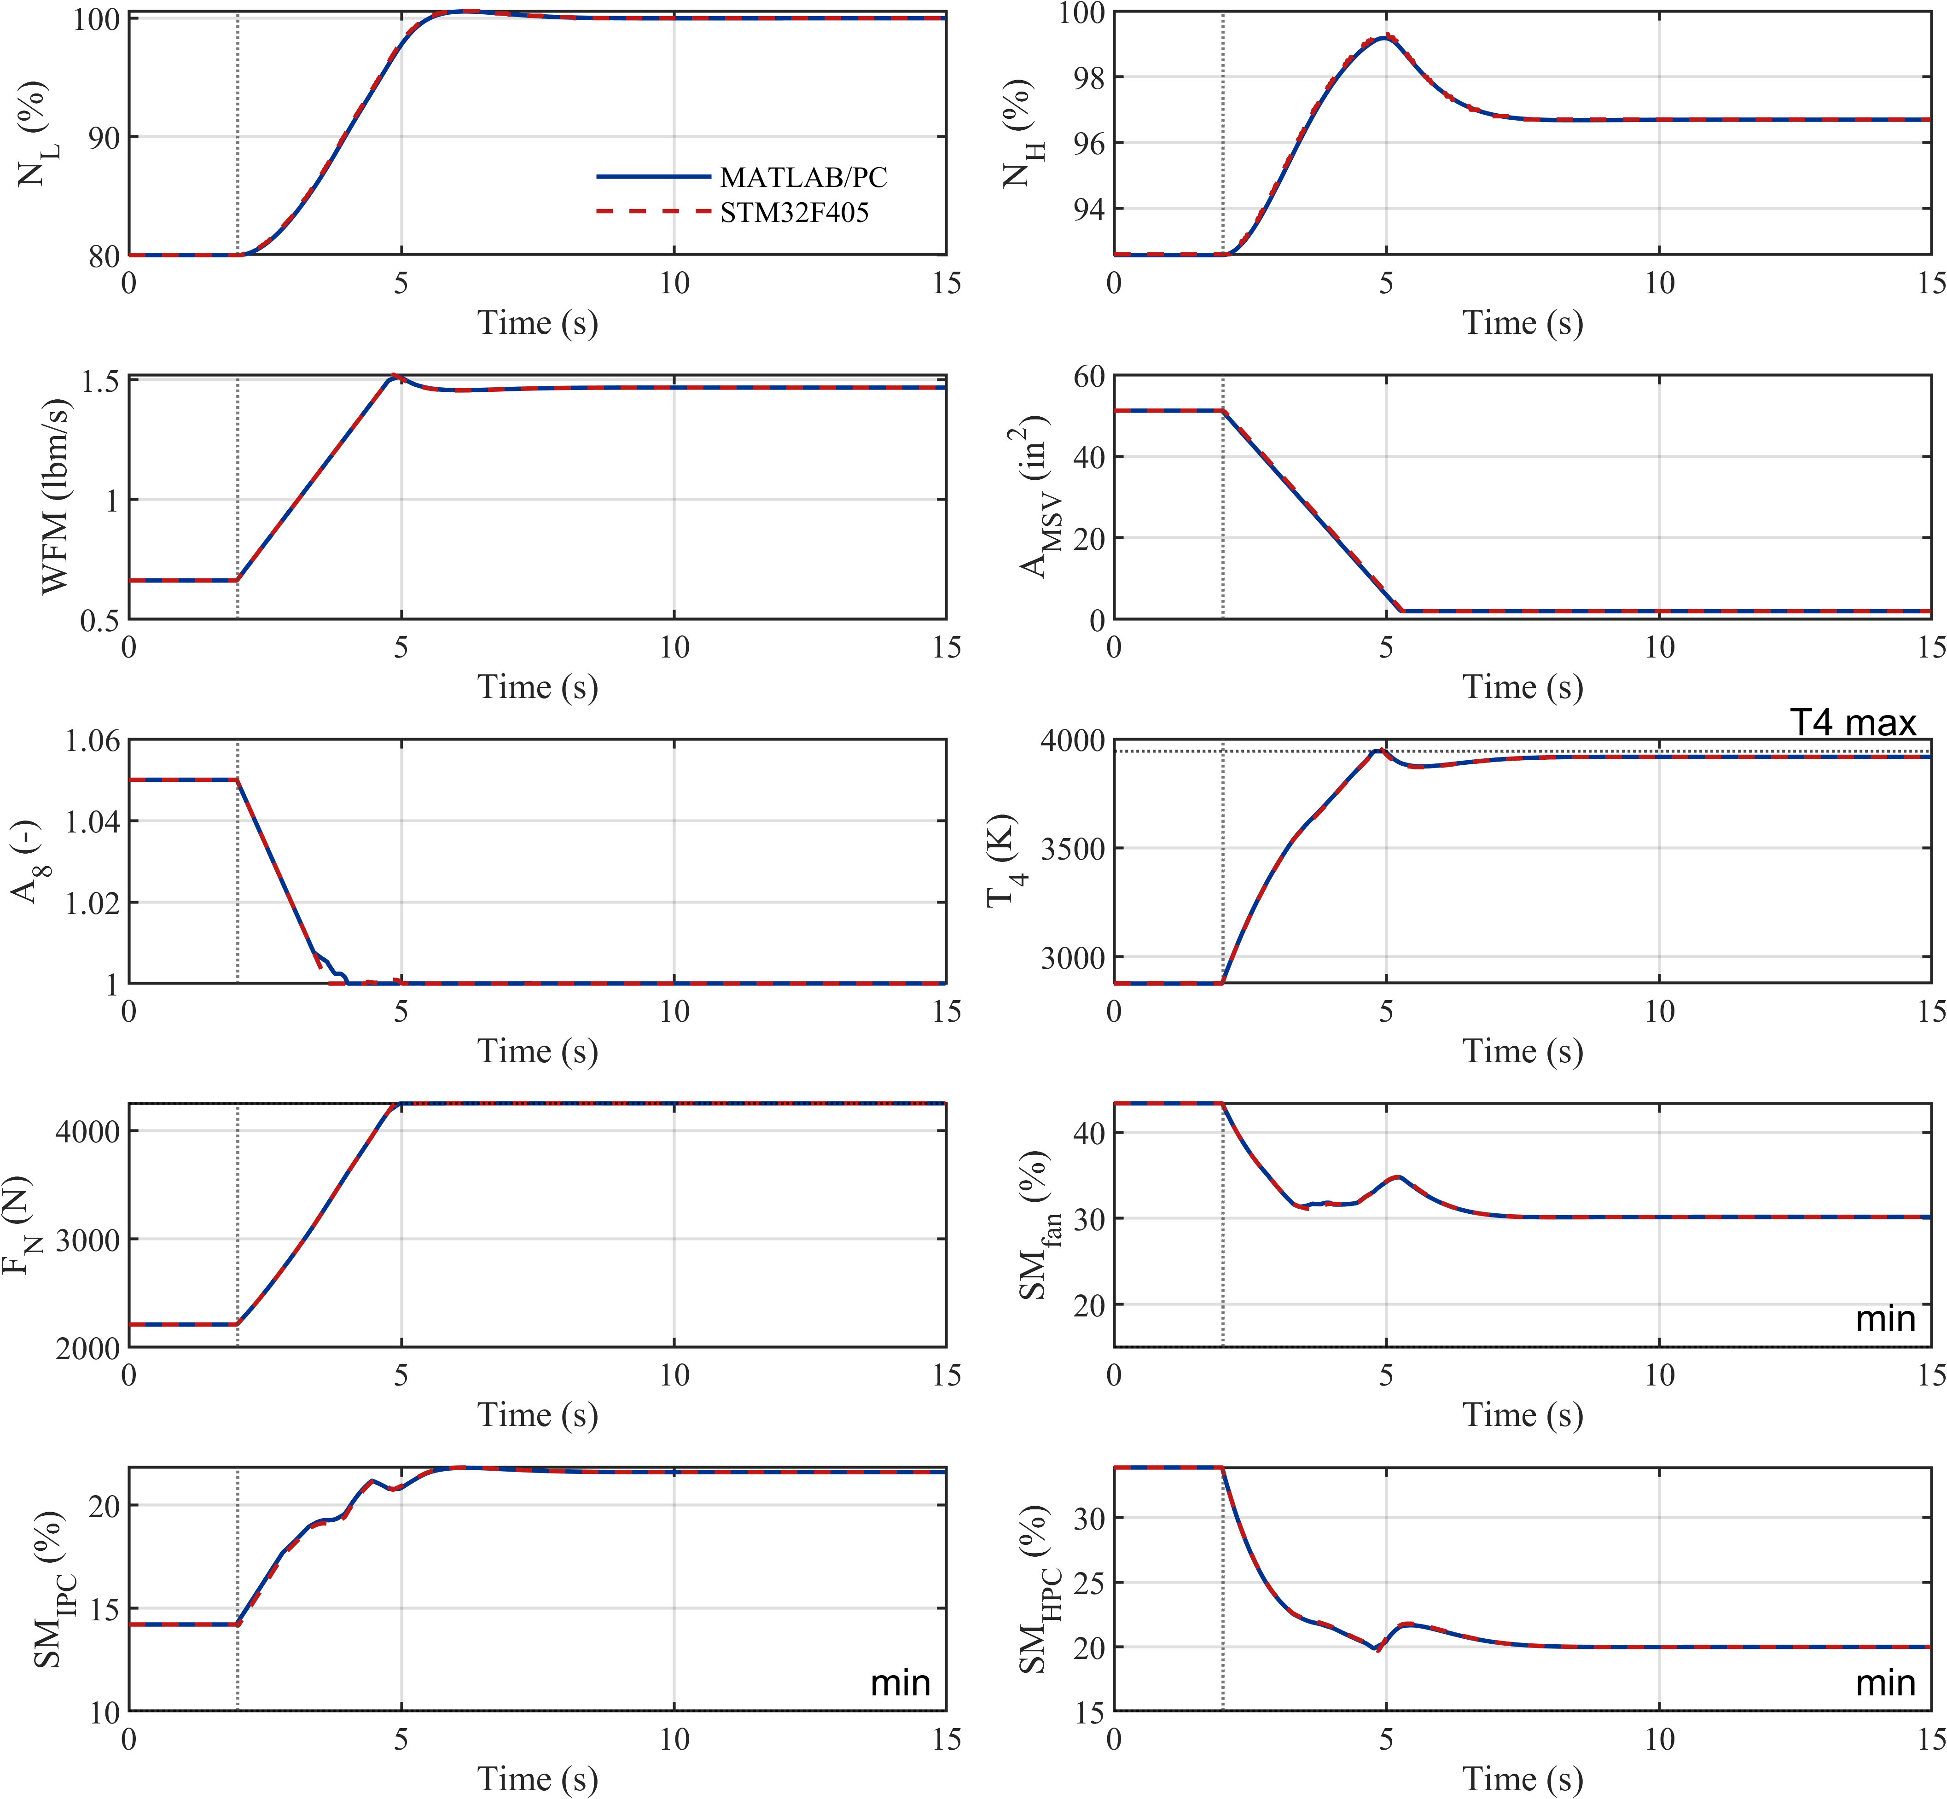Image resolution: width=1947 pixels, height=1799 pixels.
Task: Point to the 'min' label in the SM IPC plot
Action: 901,1683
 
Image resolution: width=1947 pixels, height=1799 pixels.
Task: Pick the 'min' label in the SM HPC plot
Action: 1886,1683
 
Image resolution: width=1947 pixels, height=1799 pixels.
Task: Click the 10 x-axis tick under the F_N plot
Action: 674,1374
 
